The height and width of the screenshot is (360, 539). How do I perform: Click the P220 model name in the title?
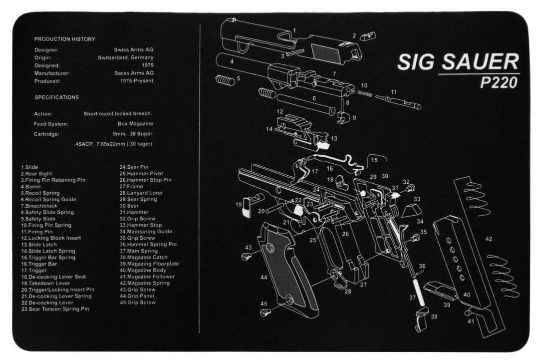(499, 82)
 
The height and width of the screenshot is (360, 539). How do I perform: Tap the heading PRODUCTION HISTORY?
(64, 39)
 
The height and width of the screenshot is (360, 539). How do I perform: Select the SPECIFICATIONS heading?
(57, 97)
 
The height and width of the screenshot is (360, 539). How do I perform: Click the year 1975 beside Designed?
(148, 65)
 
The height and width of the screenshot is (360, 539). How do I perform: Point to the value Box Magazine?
(135, 123)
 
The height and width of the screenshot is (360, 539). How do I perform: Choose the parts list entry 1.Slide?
(29, 167)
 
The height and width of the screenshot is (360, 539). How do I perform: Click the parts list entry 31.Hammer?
(134, 212)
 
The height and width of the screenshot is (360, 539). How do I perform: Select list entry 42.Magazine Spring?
(145, 283)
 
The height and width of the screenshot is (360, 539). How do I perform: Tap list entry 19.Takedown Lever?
(45, 283)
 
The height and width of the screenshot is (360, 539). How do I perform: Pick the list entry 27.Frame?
(131, 186)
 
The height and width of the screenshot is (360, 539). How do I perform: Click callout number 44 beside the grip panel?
(264, 277)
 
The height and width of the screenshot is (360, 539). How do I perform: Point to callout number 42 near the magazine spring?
(489, 239)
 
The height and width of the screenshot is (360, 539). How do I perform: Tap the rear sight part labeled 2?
(368, 36)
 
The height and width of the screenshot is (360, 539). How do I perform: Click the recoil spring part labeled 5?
(225, 80)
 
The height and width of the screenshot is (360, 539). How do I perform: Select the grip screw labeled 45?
(266, 312)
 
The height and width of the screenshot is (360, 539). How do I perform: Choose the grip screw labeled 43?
(247, 256)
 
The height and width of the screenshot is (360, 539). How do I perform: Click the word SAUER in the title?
(480, 62)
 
